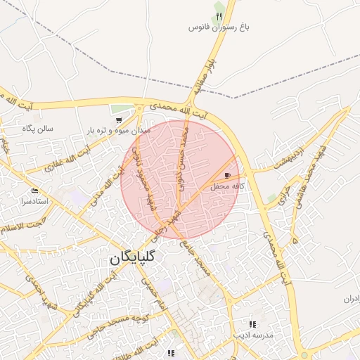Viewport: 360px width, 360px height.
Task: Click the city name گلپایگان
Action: click(x=136, y=259)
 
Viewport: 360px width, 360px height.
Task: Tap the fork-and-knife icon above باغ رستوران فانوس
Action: click(x=219, y=15)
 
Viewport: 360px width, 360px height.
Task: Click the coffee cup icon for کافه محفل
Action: click(x=227, y=175)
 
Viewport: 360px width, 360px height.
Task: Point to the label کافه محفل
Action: click(x=227, y=186)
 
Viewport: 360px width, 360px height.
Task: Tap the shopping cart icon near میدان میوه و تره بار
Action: click(x=118, y=121)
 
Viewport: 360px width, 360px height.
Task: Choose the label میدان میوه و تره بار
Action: click(x=119, y=131)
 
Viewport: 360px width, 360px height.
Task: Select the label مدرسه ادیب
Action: click(x=252, y=336)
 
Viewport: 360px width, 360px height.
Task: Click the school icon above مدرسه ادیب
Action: click(x=252, y=325)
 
